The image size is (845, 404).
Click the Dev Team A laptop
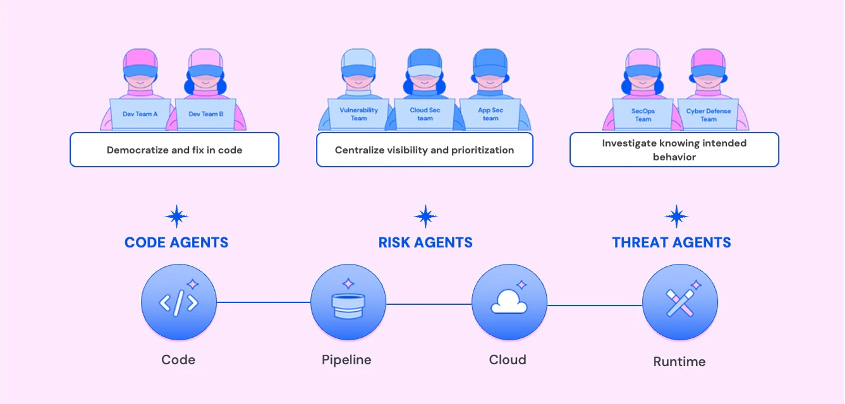click(140, 114)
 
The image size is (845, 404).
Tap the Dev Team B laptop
click(206, 114)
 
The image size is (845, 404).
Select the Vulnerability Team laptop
click(359, 114)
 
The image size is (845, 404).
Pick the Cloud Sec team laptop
click(425, 114)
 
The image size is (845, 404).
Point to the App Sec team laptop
click(490, 114)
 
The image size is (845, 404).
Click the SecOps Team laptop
click(643, 115)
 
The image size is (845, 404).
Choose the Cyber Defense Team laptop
click(708, 115)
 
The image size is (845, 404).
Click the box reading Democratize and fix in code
click(174, 150)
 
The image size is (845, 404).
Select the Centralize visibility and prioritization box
click(425, 150)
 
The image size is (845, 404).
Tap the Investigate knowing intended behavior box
click(674, 150)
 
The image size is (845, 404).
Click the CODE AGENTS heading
click(176, 242)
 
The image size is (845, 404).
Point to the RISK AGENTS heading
click(425, 242)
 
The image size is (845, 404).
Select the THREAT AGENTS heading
click(671, 242)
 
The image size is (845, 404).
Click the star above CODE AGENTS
click(176, 217)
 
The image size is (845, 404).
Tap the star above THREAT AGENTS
click(677, 217)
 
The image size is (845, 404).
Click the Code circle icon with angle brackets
click(179, 302)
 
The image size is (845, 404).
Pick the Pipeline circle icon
click(348, 302)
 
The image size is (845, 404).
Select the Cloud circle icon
click(509, 302)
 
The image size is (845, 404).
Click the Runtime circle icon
click(680, 302)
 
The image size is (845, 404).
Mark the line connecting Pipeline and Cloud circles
click(429, 304)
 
